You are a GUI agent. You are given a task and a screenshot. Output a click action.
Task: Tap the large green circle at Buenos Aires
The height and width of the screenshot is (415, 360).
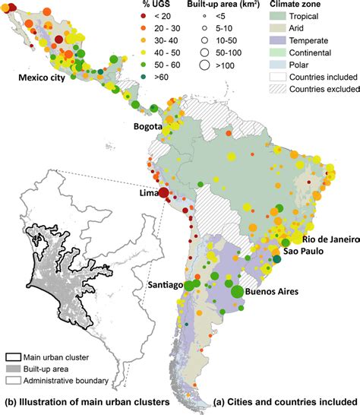237,291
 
